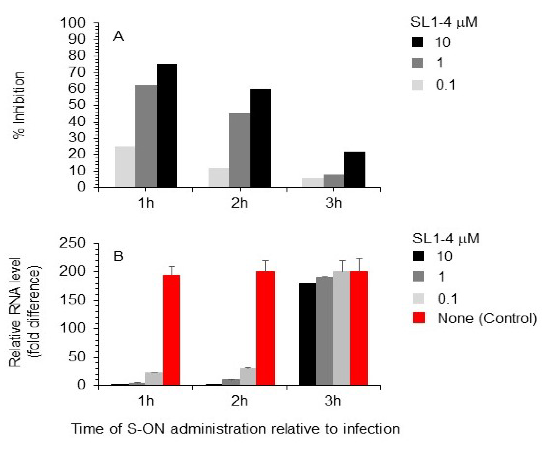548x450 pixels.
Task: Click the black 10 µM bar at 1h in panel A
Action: [167, 126]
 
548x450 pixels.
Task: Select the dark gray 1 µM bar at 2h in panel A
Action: [240, 150]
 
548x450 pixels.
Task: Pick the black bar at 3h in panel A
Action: [355, 170]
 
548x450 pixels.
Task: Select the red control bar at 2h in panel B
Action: [265, 328]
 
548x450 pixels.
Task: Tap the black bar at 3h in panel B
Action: [307, 334]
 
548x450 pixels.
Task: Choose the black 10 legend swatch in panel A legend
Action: [417, 42]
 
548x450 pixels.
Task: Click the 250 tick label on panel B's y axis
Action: [72, 244]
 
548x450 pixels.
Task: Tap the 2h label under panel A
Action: [239, 203]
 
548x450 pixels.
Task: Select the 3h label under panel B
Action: [334, 401]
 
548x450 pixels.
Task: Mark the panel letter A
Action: [118, 37]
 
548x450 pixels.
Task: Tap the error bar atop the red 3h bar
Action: [359, 264]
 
